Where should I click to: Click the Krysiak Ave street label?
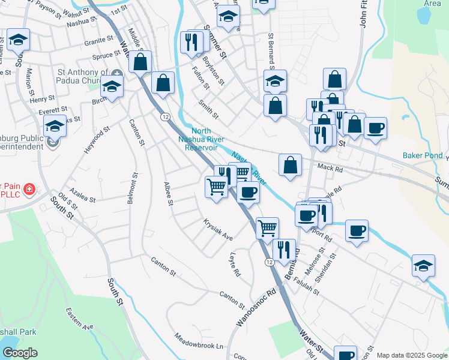(218, 229)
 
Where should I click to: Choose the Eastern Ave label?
(80, 319)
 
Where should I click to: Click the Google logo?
(20, 353)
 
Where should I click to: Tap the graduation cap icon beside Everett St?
(55, 127)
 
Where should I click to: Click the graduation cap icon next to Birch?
(112, 86)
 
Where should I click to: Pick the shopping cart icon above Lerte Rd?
(267, 227)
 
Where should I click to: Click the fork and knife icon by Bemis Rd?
(284, 249)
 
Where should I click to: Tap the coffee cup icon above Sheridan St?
(357, 230)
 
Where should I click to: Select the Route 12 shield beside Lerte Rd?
(270, 263)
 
